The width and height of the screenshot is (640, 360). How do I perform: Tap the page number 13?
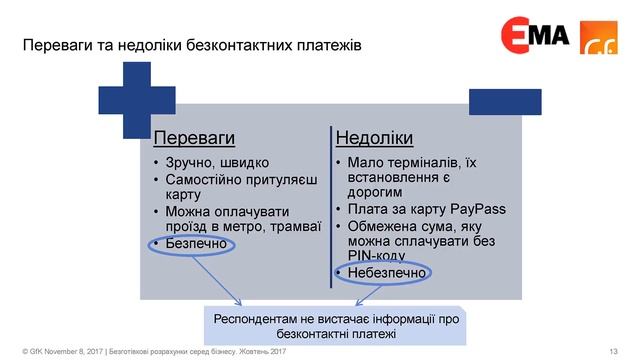click(613, 351)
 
